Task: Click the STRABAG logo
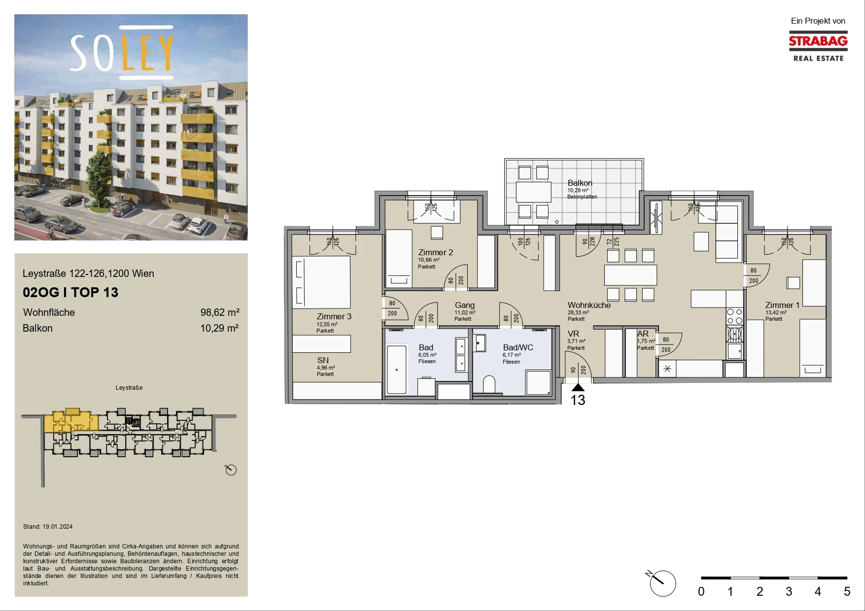click(x=818, y=46)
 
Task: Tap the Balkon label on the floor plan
click(x=580, y=183)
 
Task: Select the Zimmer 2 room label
click(x=435, y=252)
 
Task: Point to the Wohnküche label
click(x=589, y=305)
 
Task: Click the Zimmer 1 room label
click(x=782, y=305)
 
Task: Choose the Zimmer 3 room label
click(x=334, y=316)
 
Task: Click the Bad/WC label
click(x=518, y=347)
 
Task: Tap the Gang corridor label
click(x=464, y=305)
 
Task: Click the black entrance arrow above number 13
click(x=578, y=387)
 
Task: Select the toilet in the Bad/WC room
click(x=489, y=385)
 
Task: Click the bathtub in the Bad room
click(x=396, y=370)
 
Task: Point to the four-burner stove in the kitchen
click(x=734, y=316)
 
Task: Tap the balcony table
click(x=533, y=192)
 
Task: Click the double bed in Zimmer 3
click(x=321, y=282)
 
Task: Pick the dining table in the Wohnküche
click(x=630, y=275)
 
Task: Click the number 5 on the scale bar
click(x=847, y=591)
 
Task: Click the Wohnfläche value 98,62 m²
click(x=220, y=312)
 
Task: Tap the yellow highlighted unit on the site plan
click(x=70, y=421)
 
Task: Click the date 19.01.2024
click(x=57, y=527)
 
